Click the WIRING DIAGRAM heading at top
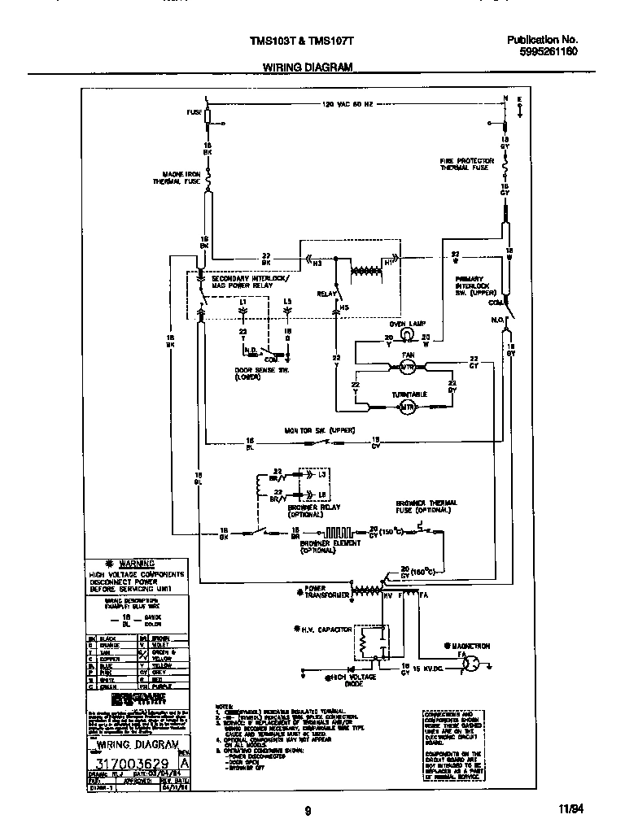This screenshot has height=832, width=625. point(307,69)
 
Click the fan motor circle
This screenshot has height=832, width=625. point(407,368)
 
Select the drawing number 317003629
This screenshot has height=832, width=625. point(133,764)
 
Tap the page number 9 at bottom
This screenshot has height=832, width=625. point(308,810)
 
